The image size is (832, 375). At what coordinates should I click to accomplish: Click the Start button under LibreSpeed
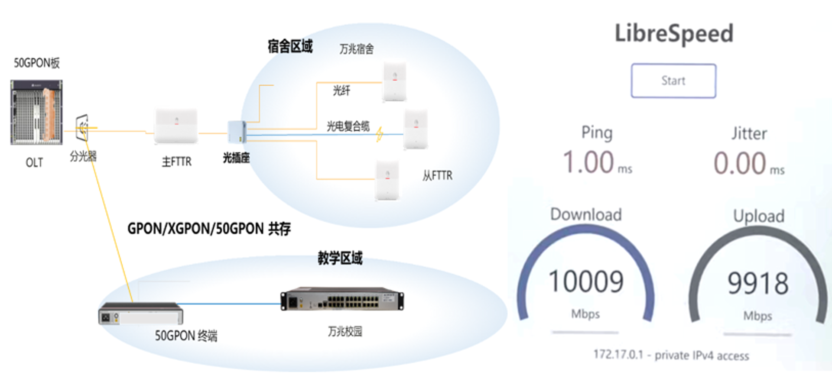pyautogui.click(x=673, y=81)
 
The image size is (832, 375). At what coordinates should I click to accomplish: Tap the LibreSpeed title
pyautogui.click(x=674, y=33)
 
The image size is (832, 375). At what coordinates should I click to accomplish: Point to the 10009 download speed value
pyautogui.click(x=586, y=281)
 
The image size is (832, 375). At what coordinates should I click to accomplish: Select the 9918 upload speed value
pyautogui.click(x=758, y=283)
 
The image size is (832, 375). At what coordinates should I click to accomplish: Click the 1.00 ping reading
pyautogui.click(x=588, y=162)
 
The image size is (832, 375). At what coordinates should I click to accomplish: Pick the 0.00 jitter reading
pyautogui.click(x=740, y=163)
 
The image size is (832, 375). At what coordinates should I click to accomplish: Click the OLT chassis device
pyautogui.click(x=36, y=112)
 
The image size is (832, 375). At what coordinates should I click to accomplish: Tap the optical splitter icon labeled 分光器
pyautogui.click(x=82, y=127)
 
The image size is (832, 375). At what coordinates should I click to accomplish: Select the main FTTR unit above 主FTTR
pyautogui.click(x=176, y=126)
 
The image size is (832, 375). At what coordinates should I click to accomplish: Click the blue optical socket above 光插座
pyautogui.click(x=237, y=132)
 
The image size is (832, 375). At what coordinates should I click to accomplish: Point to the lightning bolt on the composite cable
pyautogui.click(x=380, y=134)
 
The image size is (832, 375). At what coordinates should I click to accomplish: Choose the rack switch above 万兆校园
pyautogui.click(x=342, y=299)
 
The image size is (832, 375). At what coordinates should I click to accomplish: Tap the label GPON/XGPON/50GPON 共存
pyautogui.click(x=209, y=229)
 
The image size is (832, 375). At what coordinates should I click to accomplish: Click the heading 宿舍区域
pyautogui.click(x=290, y=46)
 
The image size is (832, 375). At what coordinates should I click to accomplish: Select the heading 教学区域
pyautogui.click(x=340, y=258)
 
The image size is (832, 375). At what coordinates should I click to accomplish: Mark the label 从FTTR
pyautogui.click(x=437, y=175)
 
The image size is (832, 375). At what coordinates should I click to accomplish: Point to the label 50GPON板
pyautogui.click(x=37, y=63)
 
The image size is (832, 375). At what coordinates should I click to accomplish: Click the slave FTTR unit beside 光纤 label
pyautogui.click(x=394, y=81)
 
